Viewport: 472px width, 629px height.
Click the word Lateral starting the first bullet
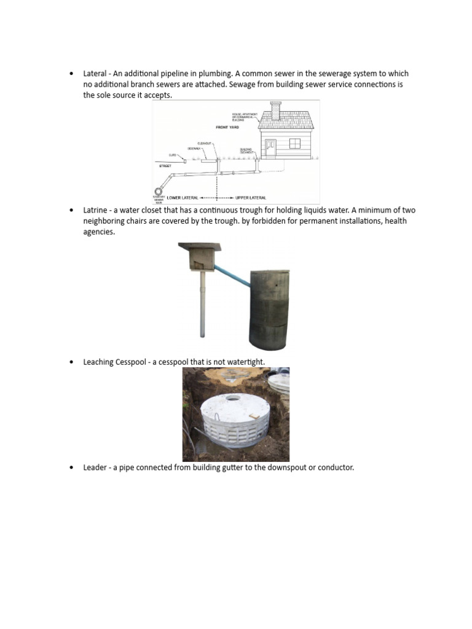[95, 73]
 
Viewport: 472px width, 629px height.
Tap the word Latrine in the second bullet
[95, 210]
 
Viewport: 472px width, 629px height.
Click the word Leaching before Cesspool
[98, 362]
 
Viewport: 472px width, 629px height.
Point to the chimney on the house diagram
[275, 111]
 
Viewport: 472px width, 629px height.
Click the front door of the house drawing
[270, 147]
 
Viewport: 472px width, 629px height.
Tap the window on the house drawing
[294, 143]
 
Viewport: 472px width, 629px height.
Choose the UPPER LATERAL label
[251, 198]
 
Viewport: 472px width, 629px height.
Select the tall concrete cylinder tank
[269, 309]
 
